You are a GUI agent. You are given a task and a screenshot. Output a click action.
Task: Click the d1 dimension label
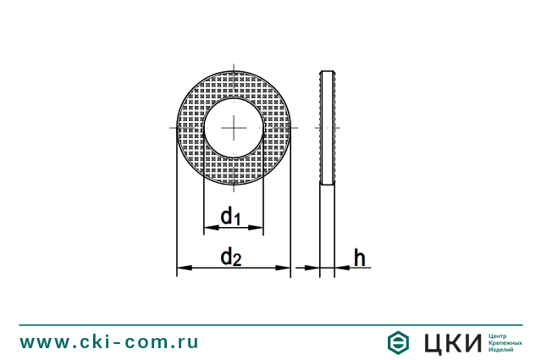[231, 217]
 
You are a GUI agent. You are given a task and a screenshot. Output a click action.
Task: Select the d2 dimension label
[231, 257]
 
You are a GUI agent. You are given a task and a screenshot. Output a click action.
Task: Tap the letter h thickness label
[359, 258]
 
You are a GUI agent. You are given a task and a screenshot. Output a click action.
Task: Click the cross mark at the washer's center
[233, 127]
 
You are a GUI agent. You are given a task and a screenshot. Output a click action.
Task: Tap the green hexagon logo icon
[398, 342]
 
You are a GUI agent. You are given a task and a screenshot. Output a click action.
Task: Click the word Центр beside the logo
[500, 335]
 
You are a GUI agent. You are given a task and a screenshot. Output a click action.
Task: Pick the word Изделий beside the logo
[502, 350]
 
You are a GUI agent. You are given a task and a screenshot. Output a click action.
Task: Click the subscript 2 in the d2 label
[238, 261]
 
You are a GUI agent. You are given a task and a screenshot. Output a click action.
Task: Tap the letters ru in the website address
[189, 341]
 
